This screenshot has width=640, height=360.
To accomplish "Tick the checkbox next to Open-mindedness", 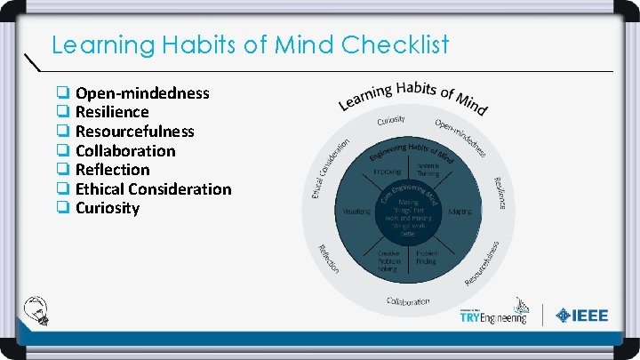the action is click(x=63, y=92).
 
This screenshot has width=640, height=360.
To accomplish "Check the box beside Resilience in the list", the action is click(x=63, y=112).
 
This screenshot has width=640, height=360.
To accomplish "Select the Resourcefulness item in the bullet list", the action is click(x=134, y=131).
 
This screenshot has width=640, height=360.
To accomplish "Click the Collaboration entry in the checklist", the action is click(x=125, y=150).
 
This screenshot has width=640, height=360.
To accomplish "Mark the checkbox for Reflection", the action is click(x=63, y=170).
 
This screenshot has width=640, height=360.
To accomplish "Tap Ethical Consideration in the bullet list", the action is click(x=153, y=188).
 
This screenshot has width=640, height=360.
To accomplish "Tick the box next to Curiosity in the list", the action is click(x=63, y=208).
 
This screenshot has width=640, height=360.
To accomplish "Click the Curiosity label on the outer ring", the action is click(x=391, y=119).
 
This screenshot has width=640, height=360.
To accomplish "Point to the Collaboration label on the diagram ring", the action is click(x=408, y=301).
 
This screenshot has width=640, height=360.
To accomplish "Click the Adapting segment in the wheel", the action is click(x=460, y=212).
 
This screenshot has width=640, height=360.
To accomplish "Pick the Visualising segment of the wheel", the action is click(x=357, y=212).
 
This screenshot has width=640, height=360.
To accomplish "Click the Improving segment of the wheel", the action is click(x=388, y=170).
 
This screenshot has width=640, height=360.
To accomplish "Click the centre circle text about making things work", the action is click(x=408, y=216).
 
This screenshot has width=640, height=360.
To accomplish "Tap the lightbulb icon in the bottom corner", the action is click(x=40, y=310).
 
